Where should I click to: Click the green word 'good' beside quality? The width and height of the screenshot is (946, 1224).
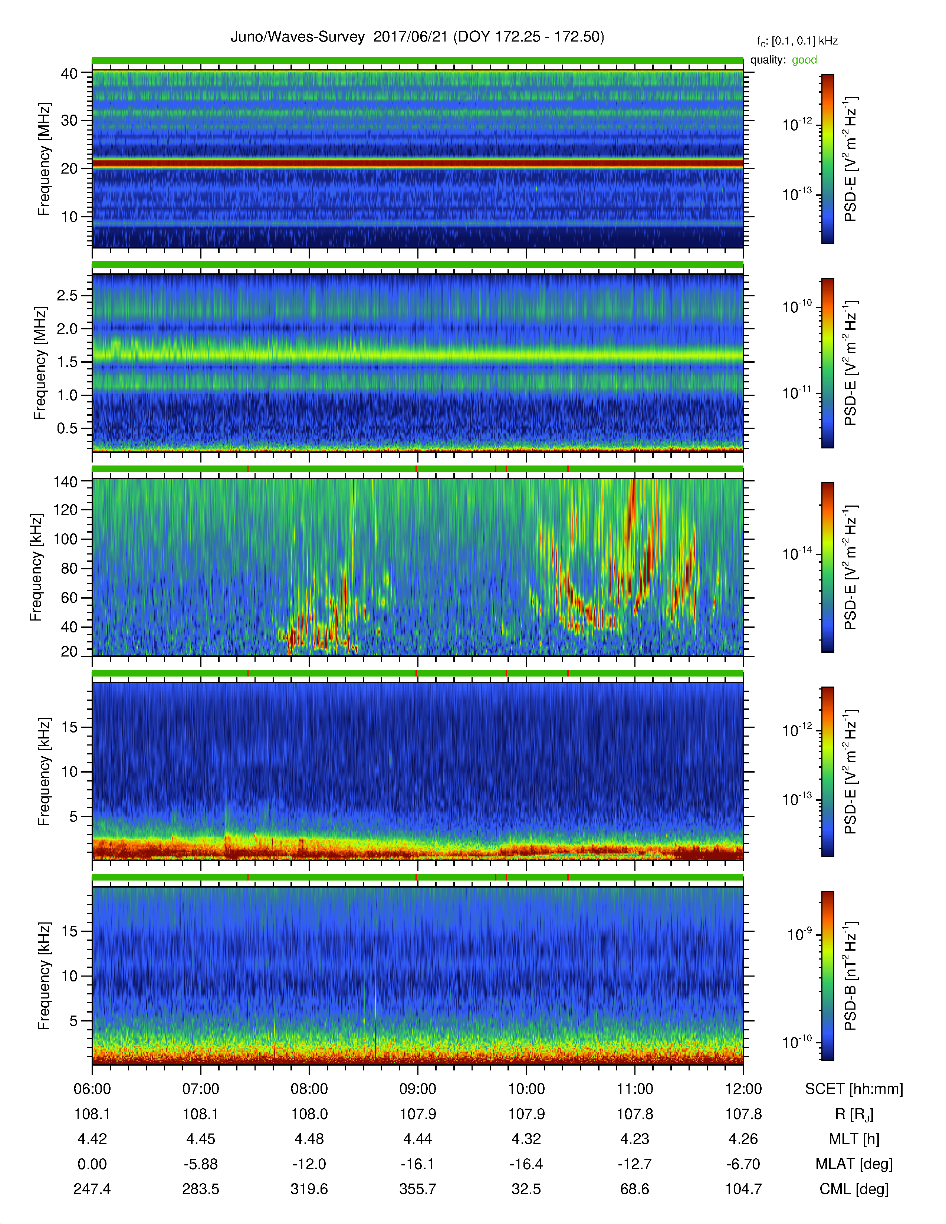804,60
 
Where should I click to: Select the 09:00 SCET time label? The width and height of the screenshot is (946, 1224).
417,1089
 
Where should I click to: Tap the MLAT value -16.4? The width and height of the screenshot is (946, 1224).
526,1164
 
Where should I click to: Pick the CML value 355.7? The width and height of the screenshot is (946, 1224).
417,1189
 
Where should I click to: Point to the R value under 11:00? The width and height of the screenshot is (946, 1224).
635,1114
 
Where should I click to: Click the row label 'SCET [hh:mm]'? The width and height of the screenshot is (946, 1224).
854,1089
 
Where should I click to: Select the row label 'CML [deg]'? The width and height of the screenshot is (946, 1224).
854,1189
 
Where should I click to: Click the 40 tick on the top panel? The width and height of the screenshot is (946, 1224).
69,73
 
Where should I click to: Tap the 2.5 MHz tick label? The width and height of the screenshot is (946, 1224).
67,295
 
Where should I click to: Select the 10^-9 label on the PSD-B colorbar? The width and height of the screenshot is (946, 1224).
800,934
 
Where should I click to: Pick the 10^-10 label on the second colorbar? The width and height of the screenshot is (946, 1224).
797,307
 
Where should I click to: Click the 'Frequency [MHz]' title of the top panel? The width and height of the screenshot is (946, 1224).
44,159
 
